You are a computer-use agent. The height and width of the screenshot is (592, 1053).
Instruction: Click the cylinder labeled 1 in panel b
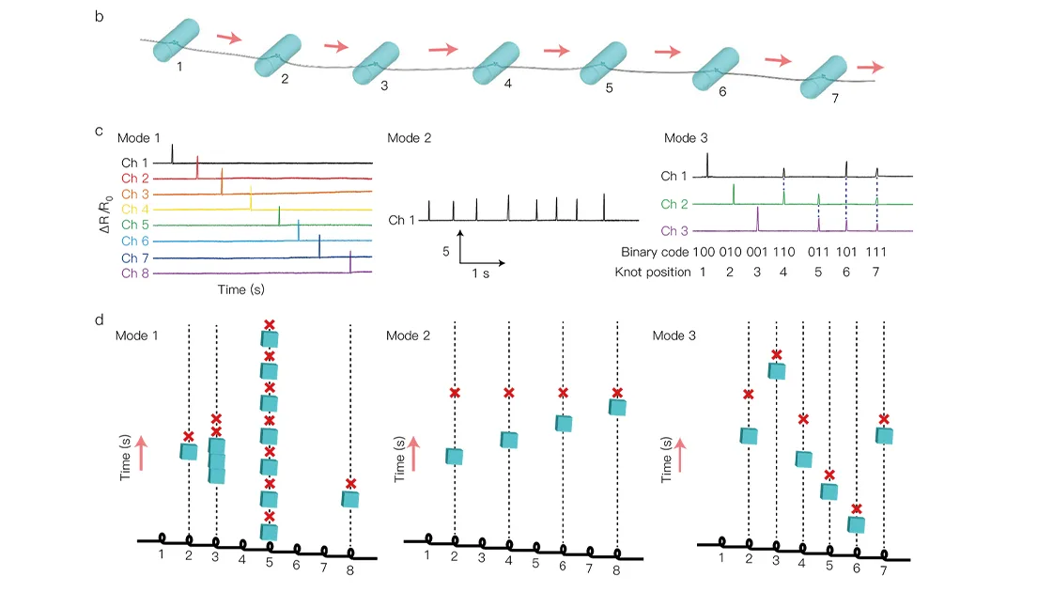tap(178, 41)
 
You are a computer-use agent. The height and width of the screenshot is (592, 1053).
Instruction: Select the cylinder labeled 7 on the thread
tap(825, 76)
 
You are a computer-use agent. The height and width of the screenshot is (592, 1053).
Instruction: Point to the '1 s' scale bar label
tap(480, 274)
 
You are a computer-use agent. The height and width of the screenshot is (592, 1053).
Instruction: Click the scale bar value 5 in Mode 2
tap(448, 252)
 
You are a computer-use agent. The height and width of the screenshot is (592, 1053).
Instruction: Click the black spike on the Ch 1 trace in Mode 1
tap(173, 154)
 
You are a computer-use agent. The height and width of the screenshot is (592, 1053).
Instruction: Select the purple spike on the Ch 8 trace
tap(350, 262)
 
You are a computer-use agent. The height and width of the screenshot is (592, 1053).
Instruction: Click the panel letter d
tap(101, 320)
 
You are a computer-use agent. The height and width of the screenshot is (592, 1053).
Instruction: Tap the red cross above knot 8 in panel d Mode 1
tap(350, 484)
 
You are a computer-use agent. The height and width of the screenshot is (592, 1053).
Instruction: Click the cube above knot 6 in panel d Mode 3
tap(856, 524)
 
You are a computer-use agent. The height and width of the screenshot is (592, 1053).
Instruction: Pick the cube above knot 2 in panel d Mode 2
tap(455, 457)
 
